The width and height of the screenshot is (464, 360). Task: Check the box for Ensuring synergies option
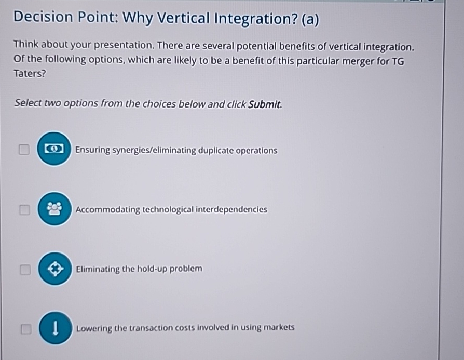[x=23, y=150]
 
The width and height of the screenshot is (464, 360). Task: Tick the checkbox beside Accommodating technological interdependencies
[x=23, y=210]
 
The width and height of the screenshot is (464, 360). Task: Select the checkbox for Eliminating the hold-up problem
[x=24, y=270]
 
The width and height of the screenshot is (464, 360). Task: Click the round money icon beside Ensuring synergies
[x=53, y=149]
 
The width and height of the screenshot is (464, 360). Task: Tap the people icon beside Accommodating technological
[x=54, y=209]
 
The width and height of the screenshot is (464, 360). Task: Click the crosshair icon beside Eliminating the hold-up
[x=55, y=269]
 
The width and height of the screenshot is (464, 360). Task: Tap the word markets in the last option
[x=279, y=328]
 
